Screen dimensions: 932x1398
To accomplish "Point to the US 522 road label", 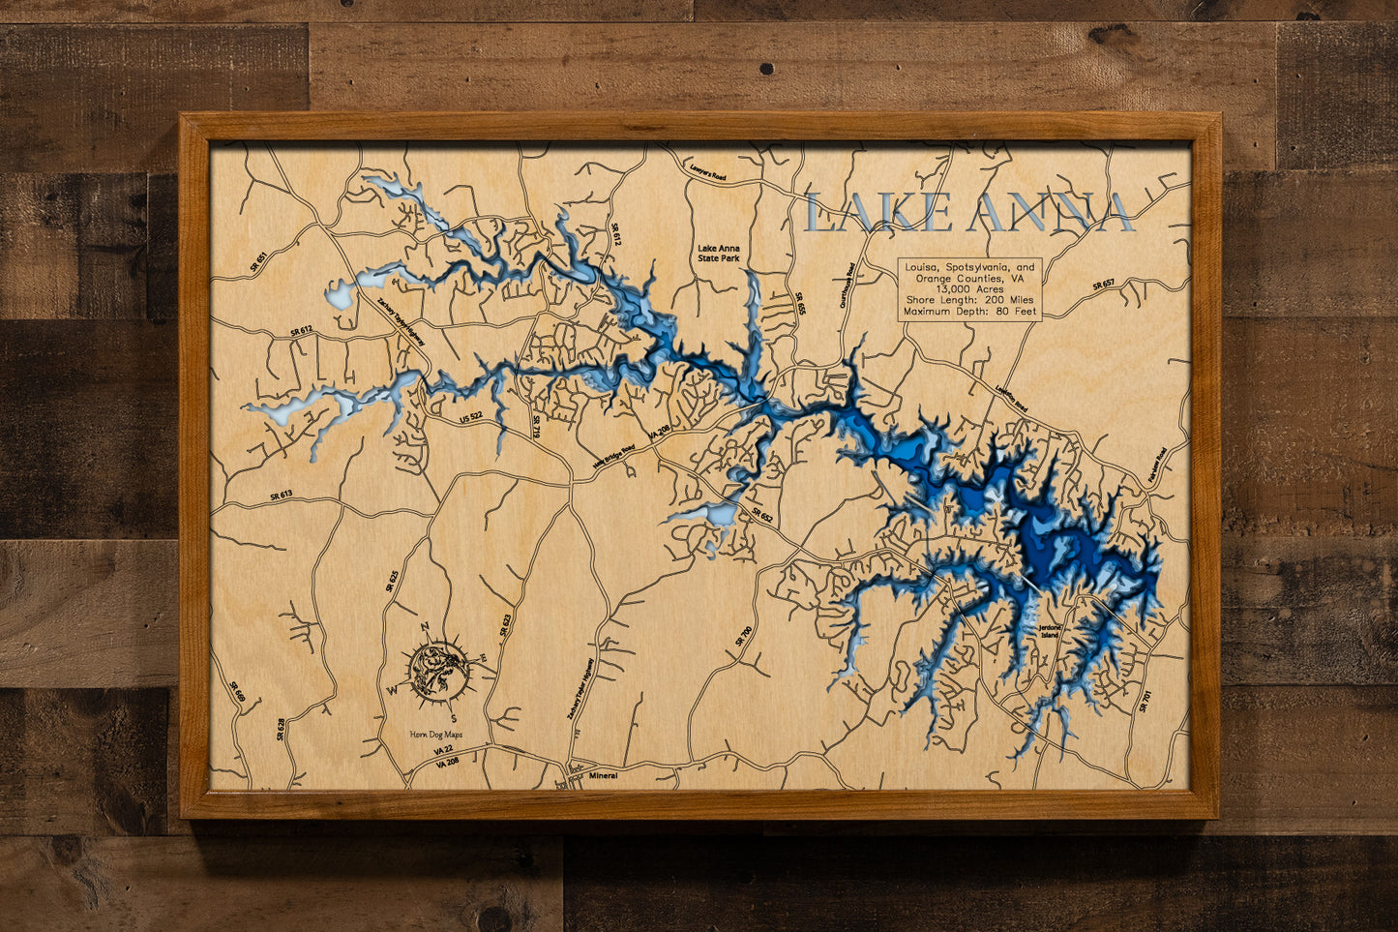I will click(470, 417).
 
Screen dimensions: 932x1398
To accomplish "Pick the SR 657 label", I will click(1104, 286).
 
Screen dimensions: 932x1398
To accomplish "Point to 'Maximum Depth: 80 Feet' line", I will click(969, 312).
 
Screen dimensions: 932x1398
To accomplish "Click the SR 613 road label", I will click(281, 496).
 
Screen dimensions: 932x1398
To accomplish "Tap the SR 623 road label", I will click(504, 625).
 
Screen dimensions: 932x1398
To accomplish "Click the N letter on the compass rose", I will click(426, 625).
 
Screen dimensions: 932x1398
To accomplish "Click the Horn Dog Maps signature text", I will click(435, 735).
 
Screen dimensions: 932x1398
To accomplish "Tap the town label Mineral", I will click(604, 776).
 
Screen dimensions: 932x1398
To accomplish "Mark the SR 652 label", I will click(761, 519).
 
